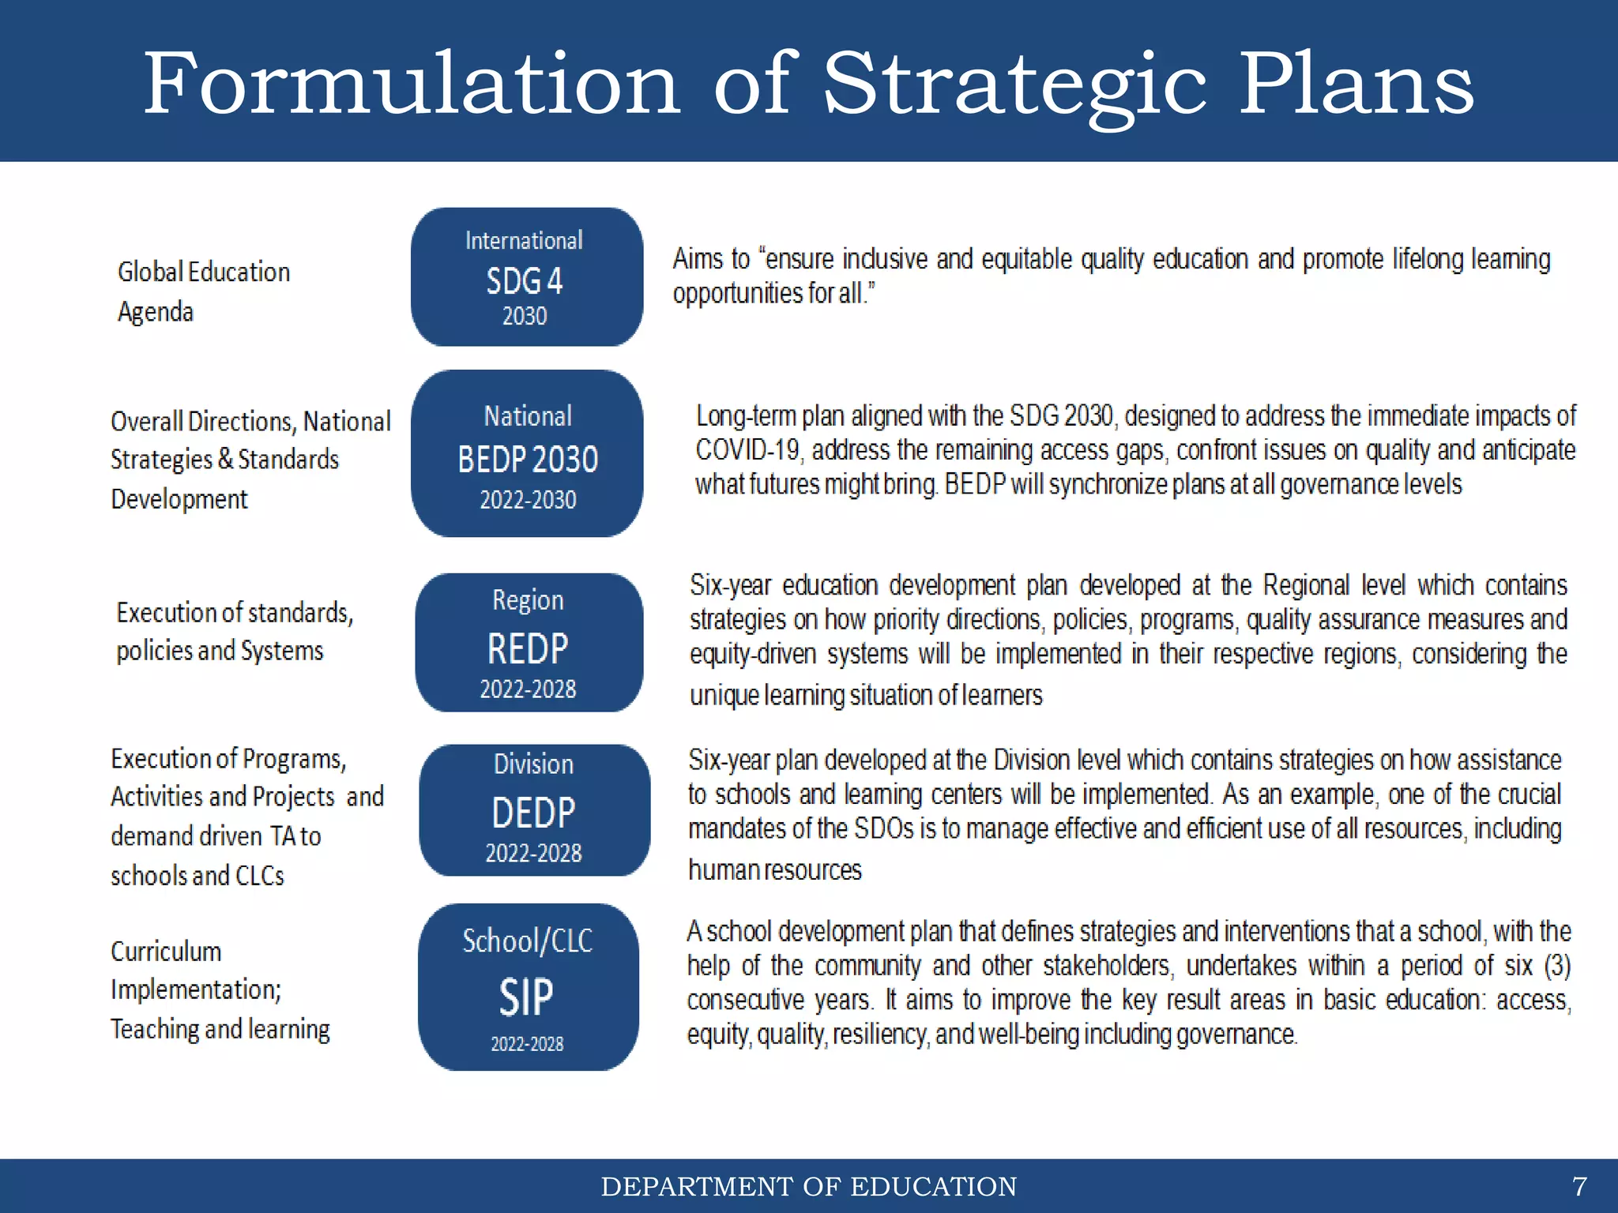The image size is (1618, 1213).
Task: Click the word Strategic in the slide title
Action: tap(1014, 85)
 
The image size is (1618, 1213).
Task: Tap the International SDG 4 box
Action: tap(526, 277)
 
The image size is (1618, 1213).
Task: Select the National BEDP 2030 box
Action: tap(527, 454)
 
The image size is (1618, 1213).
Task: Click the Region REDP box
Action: tap(529, 643)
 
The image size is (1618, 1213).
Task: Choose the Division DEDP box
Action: tap(534, 810)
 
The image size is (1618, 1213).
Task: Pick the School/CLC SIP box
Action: tap(528, 987)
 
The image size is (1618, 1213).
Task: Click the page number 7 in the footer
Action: tap(1579, 1186)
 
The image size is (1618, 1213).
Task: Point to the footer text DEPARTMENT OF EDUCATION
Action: tap(808, 1186)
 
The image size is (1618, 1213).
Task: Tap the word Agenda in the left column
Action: tap(156, 312)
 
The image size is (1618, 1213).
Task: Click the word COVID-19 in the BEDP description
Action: tap(748, 450)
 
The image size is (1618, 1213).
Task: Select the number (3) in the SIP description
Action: tap(1557, 965)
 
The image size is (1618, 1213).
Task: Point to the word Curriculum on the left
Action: tap(166, 952)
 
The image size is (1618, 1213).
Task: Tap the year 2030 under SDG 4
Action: tap(525, 316)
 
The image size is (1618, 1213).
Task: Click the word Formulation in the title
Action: tap(411, 84)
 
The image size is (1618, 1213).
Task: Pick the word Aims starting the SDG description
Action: tap(698, 259)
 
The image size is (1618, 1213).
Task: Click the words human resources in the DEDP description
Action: tap(774, 869)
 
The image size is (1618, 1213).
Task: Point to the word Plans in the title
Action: tap(1356, 84)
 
